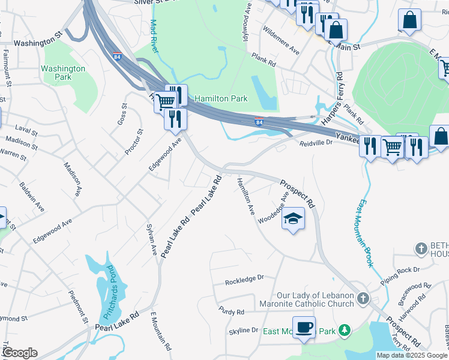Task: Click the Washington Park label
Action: point(63,73)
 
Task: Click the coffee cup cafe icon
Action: point(304,328)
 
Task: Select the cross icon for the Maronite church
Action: point(363,298)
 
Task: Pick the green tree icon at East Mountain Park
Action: point(344,330)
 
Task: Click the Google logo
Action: point(19,353)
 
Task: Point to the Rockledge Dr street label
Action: point(244,279)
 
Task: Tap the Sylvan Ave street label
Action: point(152,239)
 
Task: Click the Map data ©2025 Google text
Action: point(412,355)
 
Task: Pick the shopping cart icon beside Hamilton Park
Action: point(166,101)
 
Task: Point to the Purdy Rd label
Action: point(232,312)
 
